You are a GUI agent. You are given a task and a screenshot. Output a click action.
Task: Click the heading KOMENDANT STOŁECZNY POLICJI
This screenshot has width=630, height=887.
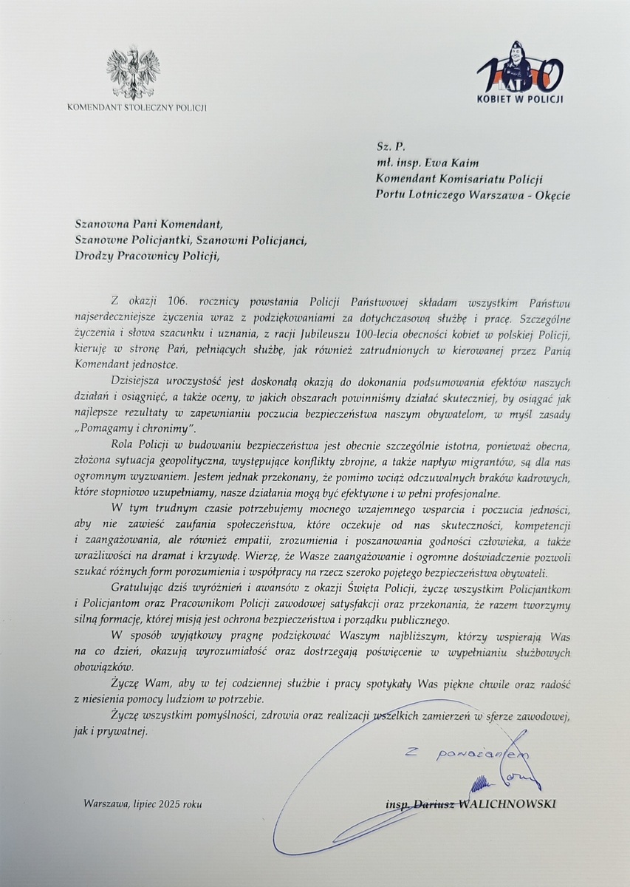coord(137,108)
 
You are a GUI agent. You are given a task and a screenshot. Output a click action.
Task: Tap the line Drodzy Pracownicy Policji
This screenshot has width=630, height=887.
coord(147,256)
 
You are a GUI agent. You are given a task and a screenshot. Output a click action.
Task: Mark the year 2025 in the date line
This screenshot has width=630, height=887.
coord(169,803)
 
